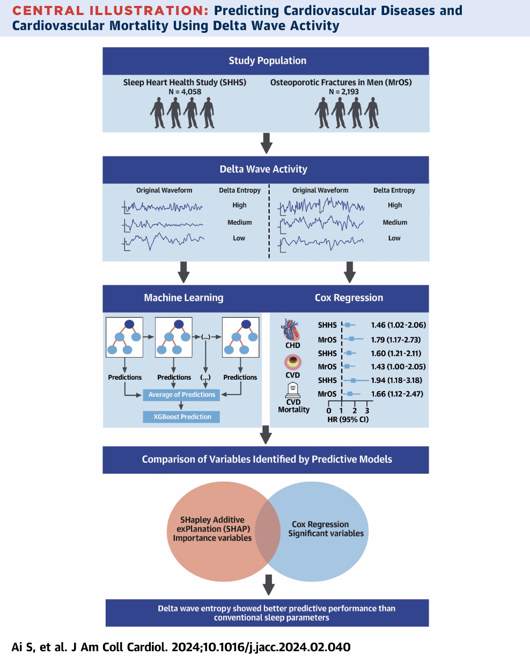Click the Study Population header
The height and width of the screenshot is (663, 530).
pyautogui.click(x=267, y=61)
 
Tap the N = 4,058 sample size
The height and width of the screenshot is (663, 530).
pyautogui.click(x=185, y=92)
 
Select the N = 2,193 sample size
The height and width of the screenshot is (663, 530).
pyautogui.click(x=343, y=92)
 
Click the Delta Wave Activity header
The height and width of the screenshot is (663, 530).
pyautogui.click(x=263, y=169)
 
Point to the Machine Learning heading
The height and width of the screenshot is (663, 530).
pyautogui.click(x=183, y=298)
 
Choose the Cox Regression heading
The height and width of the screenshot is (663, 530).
pyautogui.click(x=349, y=298)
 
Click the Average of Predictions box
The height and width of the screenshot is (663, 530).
pyautogui.click(x=181, y=395)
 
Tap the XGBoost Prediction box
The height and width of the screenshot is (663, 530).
pyautogui.click(x=182, y=417)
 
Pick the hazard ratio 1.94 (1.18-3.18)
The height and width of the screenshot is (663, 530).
pyautogui.click(x=396, y=380)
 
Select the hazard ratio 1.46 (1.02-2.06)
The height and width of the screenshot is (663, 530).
pyautogui.click(x=398, y=325)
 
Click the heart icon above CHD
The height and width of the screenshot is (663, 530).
pyautogui.click(x=291, y=330)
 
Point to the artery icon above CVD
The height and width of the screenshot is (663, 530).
pyautogui.click(x=293, y=362)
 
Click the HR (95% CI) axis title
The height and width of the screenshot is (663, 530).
pyautogui.click(x=348, y=419)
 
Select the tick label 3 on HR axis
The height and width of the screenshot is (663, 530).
pyautogui.click(x=367, y=410)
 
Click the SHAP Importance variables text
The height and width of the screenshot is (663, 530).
pyautogui.click(x=212, y=529)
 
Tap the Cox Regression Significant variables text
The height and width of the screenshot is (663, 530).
pyautogui.click(x=326, y=529)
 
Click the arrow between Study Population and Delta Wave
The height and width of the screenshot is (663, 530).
pyautogui.click(x=266, y=143)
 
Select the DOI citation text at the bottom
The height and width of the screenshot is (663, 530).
pyautogui.click(x=181, y=647)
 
